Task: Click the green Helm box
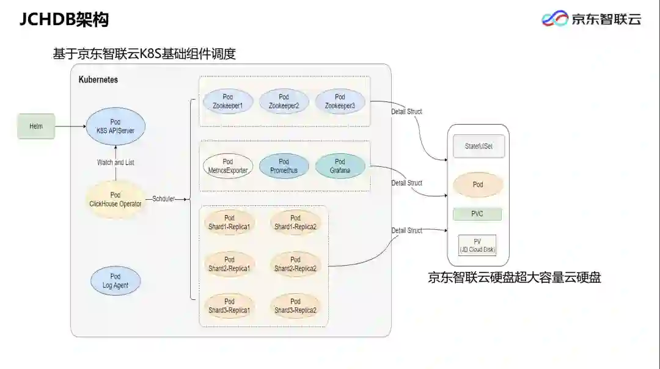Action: [x=36, y=126]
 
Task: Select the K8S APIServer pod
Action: [x=116, y=126]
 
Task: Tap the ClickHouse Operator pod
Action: [x=116, y=199]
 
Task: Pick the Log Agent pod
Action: [x=116, y=281]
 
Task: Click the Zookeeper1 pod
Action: [x=228, y=101]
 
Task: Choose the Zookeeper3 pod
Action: [x=340, y=101]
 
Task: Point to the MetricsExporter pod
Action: [x=228, y=166]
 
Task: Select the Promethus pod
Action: [x=284, y=166]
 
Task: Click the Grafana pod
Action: [x=340, y=166]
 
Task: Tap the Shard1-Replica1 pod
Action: [x=229, y=222]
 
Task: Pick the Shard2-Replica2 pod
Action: [x=295, y=264]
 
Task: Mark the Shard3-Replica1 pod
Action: [x=229, y=305]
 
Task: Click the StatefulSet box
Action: [x=479, y=147]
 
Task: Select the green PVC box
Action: [x=477, y=214]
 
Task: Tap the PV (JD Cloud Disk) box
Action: [x=477, y=246]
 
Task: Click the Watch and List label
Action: [x=116, y=163]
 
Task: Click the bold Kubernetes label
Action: [x=98, y=80]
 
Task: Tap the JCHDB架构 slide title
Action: [x=64, y=20]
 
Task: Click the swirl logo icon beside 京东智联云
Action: [x=555, y=19]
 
